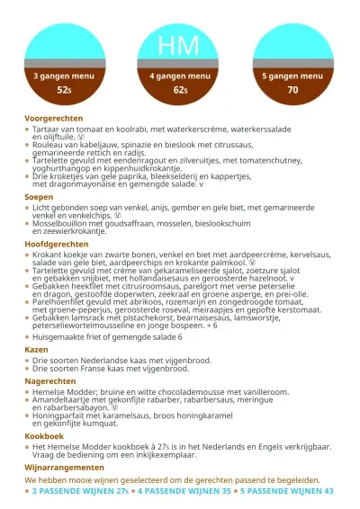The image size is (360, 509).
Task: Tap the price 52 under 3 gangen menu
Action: tap(64, 91)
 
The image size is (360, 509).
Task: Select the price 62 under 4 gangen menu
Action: tap(180, 91)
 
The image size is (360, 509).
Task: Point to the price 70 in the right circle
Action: tap(292, 91)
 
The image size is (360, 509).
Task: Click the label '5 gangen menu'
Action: tap(292, 76)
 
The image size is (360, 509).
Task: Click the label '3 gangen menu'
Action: tap(64, 76)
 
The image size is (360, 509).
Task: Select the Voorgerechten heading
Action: tap(54, 118)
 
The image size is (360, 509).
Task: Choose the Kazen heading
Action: tap(37, 348)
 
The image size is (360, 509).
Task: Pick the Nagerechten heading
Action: tap(50, 380)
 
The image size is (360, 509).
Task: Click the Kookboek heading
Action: tap(44, 435)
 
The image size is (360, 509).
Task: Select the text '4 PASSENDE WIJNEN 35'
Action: tap(184, 492)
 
